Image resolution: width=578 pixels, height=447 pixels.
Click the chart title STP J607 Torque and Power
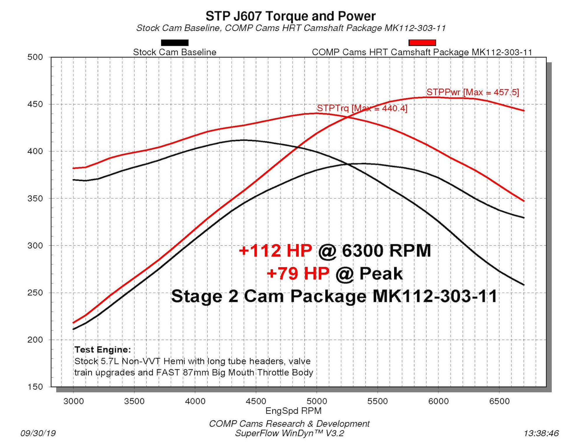point(290,16)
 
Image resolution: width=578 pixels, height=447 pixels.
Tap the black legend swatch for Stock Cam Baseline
point(175,43)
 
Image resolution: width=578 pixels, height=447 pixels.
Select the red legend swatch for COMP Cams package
point(422,43)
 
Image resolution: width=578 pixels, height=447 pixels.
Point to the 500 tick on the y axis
point(35,57)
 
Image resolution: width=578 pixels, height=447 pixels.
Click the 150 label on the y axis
point(35,387)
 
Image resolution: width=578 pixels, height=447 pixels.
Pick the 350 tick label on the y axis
point(35,198)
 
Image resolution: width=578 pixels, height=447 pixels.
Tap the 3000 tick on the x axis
point(73,401)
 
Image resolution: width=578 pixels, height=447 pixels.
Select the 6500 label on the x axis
point(499,401)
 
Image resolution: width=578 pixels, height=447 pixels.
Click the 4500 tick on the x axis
point(256,401)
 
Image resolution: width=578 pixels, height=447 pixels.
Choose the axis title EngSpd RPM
point(293,411)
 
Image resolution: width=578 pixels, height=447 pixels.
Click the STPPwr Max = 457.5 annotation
point(473,92)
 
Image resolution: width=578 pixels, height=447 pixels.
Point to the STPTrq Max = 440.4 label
point(362,108)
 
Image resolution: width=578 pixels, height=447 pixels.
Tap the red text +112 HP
point(275,251)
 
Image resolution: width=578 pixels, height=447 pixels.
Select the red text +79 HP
point(298,274)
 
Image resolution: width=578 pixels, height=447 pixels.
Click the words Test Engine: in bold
point(103,349)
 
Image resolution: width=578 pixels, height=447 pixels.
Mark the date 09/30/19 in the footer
point(38,433)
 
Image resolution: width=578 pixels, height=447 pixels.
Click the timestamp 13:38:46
point(541,433)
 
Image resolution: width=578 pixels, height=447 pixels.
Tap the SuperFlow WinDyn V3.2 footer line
point(290,433)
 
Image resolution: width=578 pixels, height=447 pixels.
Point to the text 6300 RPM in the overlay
point(386,251)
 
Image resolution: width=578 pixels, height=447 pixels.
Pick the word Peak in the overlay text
point(381,274)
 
